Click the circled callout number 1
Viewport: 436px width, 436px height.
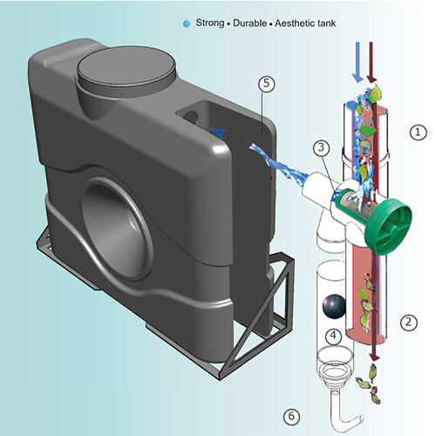pyautogui.click(x=419, y=132)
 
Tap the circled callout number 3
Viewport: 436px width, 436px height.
pyautogui.click(x=322, y=147)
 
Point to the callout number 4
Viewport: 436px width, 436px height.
pyautogui.click(x=331, y=336)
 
